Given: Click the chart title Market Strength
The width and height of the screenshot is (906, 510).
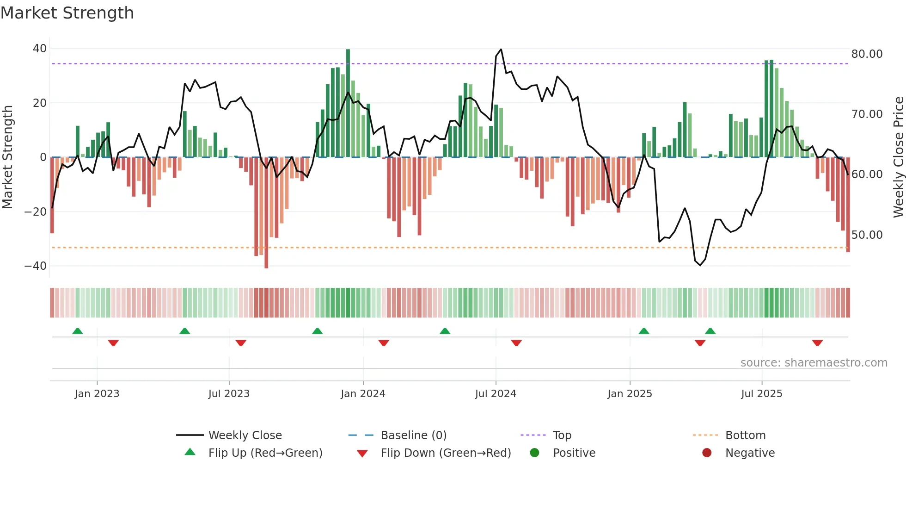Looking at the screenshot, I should coord(67,13).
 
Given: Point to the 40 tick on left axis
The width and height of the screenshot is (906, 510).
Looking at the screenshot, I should coord(40,49).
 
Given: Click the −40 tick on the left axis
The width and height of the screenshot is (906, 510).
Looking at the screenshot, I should coord(36,266).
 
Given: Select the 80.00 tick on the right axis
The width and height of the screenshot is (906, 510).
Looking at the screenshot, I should coord(867,54).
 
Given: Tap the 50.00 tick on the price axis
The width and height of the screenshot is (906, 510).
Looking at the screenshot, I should coord(867,235).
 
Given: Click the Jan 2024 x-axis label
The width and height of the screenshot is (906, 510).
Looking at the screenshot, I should coord(363,394).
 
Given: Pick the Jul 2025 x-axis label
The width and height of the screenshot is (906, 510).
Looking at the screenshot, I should coord(761,394).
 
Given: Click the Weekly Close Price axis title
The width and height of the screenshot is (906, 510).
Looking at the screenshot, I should coord(898,157).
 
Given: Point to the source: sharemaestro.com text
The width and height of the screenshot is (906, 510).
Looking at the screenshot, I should coord(814,363).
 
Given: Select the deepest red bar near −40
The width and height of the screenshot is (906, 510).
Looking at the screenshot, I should coord(266,213).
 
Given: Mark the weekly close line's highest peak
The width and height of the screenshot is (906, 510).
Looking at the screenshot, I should coord(501,50).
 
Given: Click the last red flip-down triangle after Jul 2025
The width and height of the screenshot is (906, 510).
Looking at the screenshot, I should coord(817,343).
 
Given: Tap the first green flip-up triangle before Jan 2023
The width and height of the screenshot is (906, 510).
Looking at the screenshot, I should coord(78,331).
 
